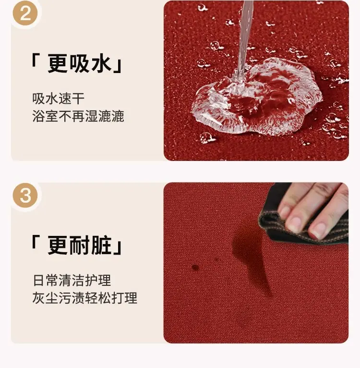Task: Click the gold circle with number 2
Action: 25,13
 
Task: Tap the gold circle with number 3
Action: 25,195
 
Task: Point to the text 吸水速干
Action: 59,98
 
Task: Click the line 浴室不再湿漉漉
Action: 78,116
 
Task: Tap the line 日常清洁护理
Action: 72,280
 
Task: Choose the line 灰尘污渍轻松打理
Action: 84,298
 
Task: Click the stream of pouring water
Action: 244,40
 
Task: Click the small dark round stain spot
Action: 195,267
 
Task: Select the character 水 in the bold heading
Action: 101,63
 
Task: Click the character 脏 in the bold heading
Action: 101,245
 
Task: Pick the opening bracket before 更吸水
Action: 35,60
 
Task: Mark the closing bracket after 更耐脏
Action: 118,249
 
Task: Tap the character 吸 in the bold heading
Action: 79,63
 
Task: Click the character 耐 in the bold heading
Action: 79,245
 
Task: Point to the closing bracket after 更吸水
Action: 118,67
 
